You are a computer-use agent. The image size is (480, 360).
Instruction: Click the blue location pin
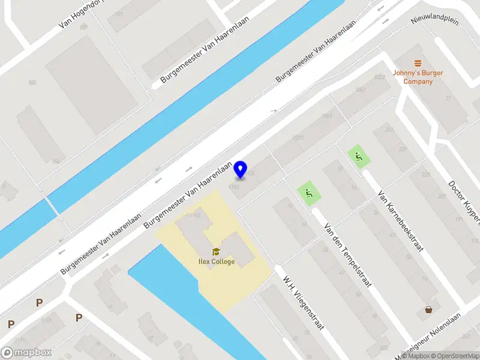(241, 169)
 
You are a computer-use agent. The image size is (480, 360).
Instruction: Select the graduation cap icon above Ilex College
(215, 251)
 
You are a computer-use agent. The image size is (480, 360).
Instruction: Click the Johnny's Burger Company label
(418, 77)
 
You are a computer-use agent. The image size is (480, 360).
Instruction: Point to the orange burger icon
(418, 64)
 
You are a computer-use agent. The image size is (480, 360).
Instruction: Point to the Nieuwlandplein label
(434, 20)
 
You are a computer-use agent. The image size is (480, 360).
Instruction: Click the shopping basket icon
(430, 310)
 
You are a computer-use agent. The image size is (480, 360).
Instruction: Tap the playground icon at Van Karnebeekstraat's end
(359, 157)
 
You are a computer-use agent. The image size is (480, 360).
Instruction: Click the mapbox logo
(26, 353)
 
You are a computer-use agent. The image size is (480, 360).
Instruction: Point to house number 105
(31, 82)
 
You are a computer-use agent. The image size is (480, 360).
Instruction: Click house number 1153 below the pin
(233, 187)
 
